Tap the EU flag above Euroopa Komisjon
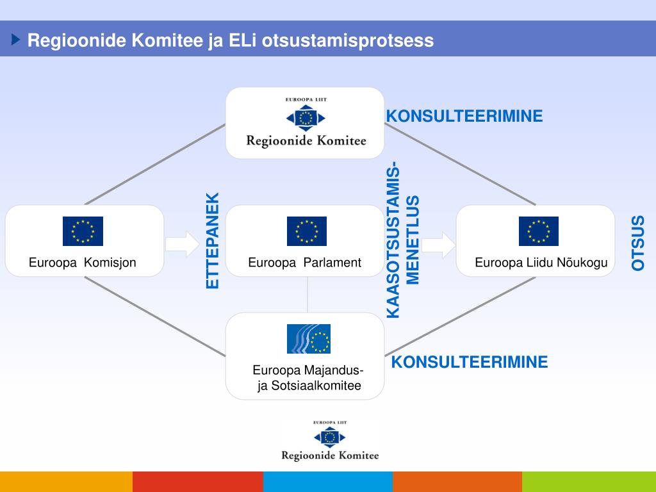click(x=83, y=231)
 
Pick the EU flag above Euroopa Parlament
click(x=307, y=231)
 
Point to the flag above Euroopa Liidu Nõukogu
click(x=538, y=231)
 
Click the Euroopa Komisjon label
click(x=82, y=263)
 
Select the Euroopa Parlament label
click(x=305, y=263)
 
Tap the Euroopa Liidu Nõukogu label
click(x=541, y=263)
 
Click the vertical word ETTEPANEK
click(x=213, y=240)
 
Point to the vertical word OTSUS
click(x=638, y=243)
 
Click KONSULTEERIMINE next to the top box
click(x=464, y=116)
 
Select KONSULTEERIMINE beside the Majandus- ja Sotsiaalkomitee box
click(x=470, y=362)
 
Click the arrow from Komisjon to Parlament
click(x=183, y=244)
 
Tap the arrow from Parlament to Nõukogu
click(x=438, y=244)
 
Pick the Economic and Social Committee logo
click(x=308, y=339)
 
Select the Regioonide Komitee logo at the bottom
click(x=330, y=440)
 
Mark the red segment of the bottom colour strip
click(x=197, y=482)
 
